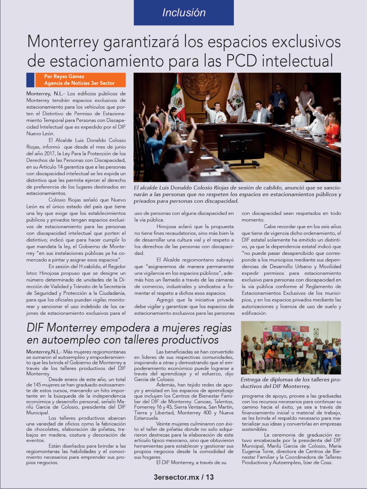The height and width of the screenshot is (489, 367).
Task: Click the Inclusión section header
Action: (x=184, y=12)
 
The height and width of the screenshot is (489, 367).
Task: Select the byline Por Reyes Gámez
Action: (x=64, y=76)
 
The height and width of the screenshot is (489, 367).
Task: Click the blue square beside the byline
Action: (x=30, y=80)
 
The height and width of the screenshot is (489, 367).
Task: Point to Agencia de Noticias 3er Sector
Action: (x=79, y=83)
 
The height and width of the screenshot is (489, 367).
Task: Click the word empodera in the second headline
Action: (x=129, y=328)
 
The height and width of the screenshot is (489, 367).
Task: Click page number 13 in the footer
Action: (x=210, y=477)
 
